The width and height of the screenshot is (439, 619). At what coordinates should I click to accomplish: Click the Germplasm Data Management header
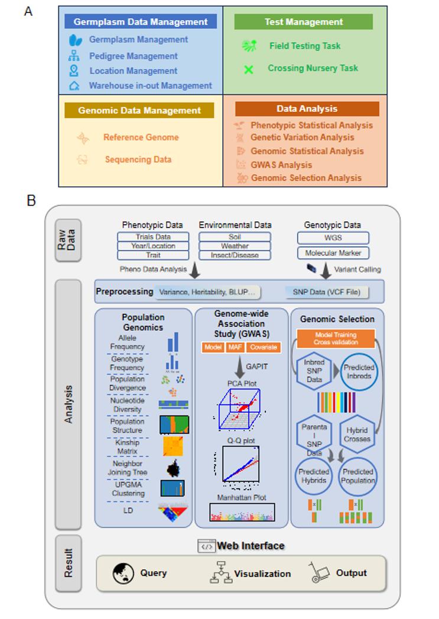pyautogui.click(x=141, y=22)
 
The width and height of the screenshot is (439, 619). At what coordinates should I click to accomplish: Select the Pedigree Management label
pyautogui.click(x=133, y=56)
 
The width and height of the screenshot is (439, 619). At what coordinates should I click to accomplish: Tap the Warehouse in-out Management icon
pyautogui.click(x=74, y=86)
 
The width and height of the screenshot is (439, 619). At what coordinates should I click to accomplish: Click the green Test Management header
pyautogui.click(x=303, y=22)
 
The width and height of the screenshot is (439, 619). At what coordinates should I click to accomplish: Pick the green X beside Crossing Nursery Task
pyautogui.click(x=249, y=69)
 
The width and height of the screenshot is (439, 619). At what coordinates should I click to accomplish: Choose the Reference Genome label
pyautogui.click(x=141, y=137)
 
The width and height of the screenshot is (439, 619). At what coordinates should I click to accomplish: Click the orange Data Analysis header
pyautogui.click(x=307, y=109)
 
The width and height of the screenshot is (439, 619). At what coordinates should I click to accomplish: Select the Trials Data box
pyautogui.click(x=152, y=237)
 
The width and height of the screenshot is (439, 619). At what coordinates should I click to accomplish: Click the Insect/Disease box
pyautogui.click(x=235, y=255)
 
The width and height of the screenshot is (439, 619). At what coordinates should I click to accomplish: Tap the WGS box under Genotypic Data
pyautogui.click(x=333, y=238)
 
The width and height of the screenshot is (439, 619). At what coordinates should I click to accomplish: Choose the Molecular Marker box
pyautogui.click(x=333, y=253)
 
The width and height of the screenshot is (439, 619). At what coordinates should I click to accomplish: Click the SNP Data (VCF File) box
pyautogui.click(x=329, y=292)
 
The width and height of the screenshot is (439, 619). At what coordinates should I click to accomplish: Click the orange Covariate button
pyautogui.click(x=262, y=348)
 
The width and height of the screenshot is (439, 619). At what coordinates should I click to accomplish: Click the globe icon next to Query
pyautogui.click(x=122, y=573)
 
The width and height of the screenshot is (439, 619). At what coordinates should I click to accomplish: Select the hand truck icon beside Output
pyautogui.click(x=319, y=573)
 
